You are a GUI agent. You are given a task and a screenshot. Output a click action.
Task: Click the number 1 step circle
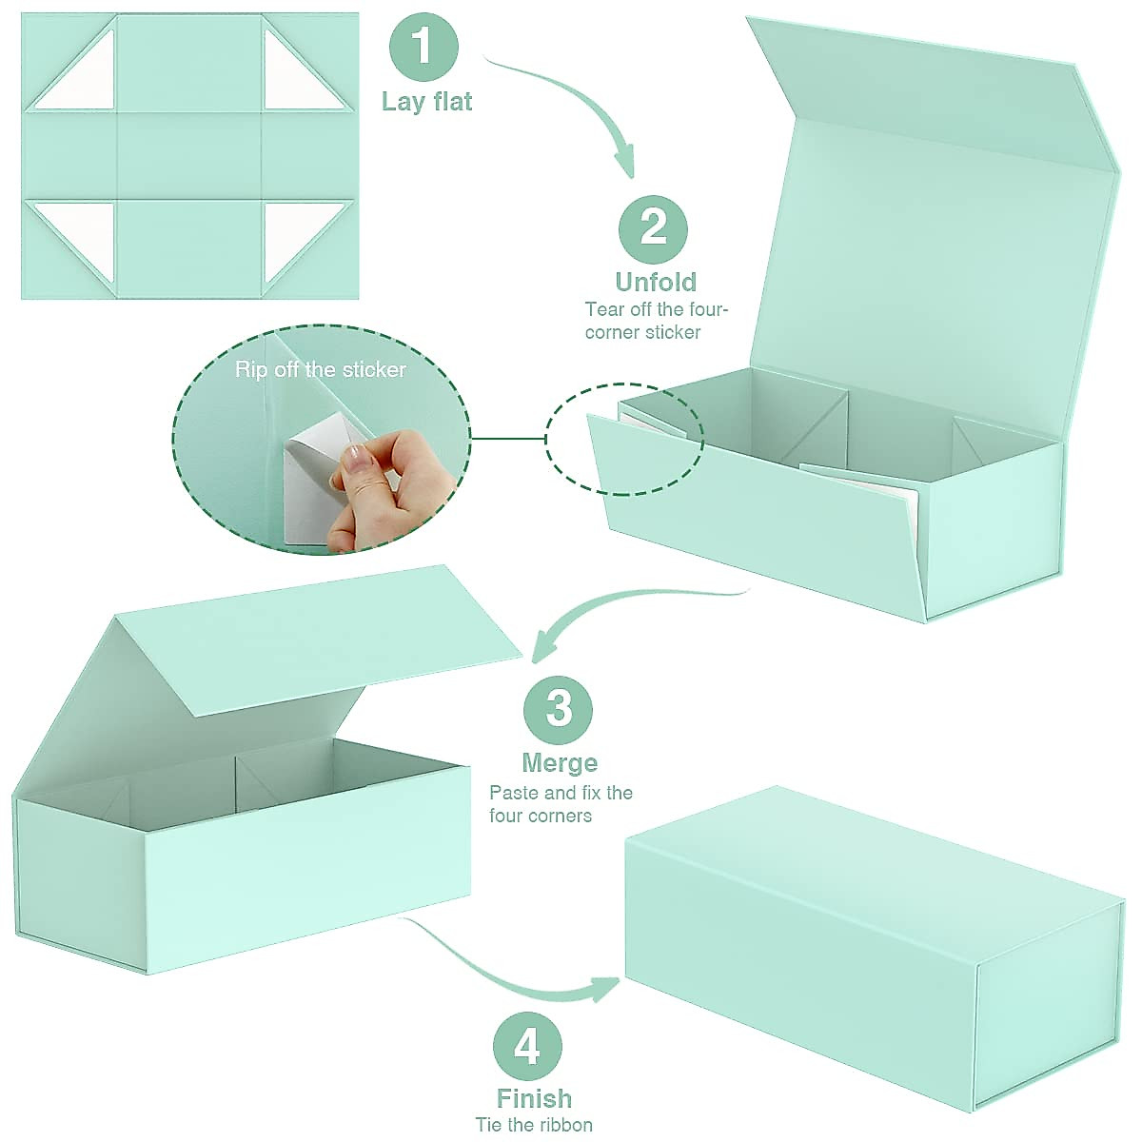point(423,47)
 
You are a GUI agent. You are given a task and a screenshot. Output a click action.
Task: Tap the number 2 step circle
point(654,227)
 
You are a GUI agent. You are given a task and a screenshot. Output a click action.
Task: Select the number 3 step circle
point(559,710)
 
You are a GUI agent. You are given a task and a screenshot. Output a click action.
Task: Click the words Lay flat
point(426,102)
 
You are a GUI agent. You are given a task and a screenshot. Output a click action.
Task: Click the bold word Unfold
point(656,282)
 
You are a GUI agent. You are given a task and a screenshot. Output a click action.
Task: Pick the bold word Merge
point(560,763)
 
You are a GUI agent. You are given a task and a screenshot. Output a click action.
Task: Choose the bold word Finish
point(534,1098)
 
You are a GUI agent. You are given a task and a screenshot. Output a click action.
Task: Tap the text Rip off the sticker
point(321,369)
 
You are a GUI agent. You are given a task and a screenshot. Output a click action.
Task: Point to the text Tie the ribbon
point(534,1125)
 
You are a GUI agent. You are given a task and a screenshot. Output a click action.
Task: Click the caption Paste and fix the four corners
point(561,804)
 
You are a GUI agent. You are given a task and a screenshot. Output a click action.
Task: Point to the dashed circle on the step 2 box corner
point(624,439)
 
